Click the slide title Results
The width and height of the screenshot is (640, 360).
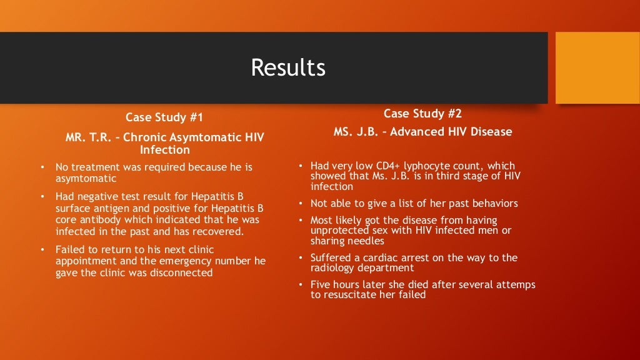click(x=288, y=67)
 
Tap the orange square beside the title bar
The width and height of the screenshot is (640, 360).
click(x=597, y=67)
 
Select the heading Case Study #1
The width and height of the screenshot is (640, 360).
click(x=164, y=117)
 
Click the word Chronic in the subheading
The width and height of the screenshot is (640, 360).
click(x=146, y=137)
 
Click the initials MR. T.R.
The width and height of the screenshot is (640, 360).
click(x=90, y=137)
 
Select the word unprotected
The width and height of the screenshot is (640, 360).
click(x=339, y=231)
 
